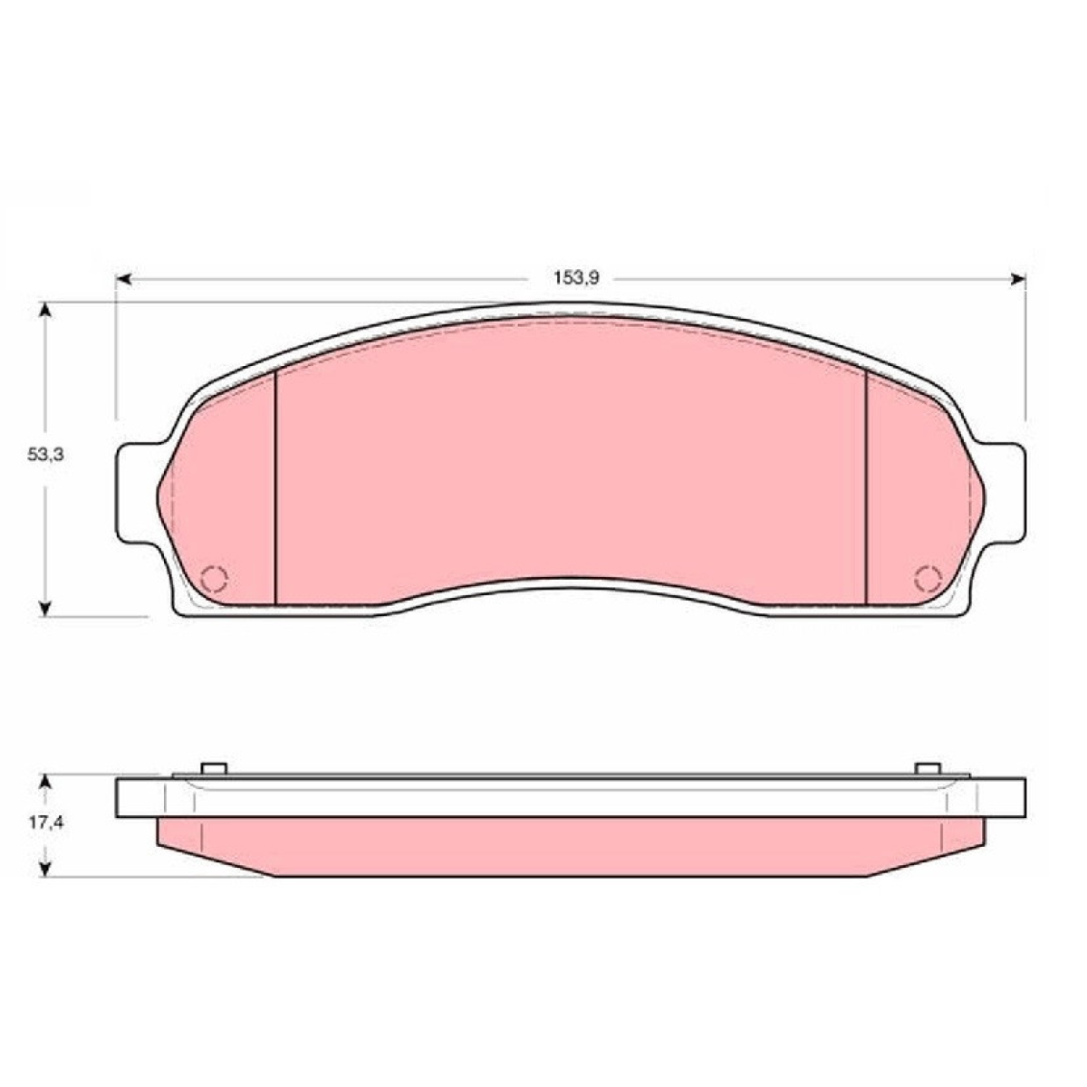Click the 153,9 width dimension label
(x=575, y=278)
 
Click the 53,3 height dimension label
(x=45, y=456)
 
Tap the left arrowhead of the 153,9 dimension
(x=123, y=279)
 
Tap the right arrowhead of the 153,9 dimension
(x=1017, y=279)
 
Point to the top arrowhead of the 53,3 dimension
(x=46, y=311)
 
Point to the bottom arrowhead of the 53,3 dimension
(x=46, y=608)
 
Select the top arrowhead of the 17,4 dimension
(x=46, y=783)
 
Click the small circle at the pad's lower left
(x=215, y=578)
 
